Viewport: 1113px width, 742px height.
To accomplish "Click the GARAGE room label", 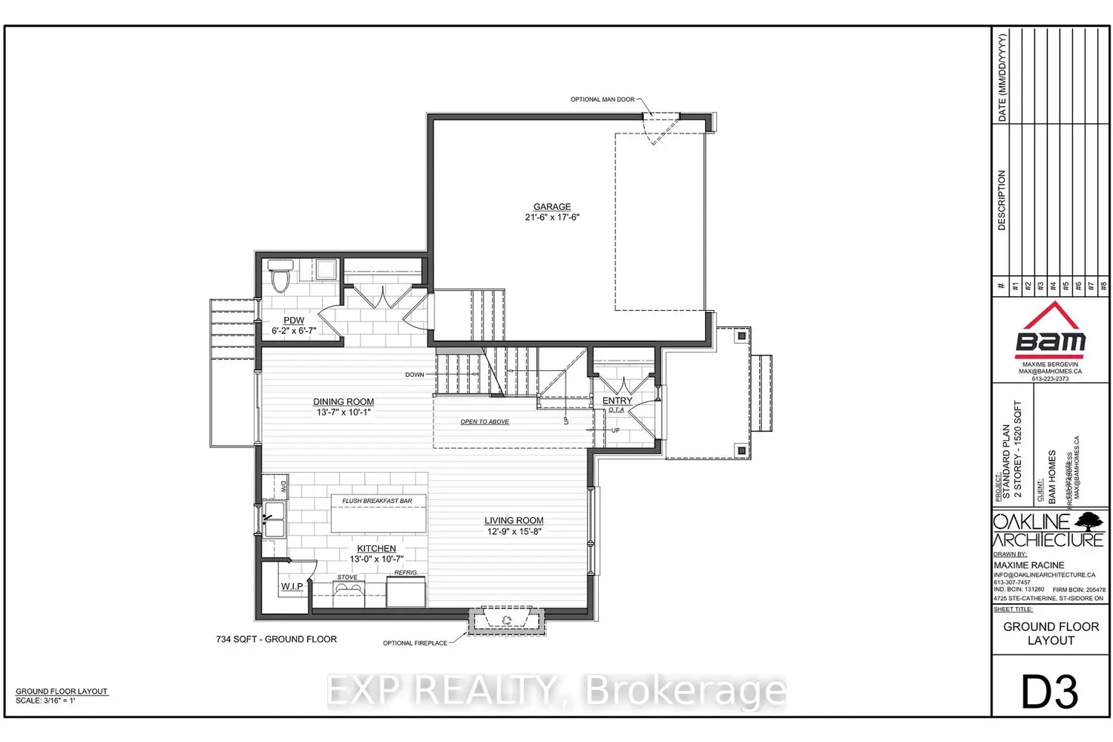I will pos(552,207).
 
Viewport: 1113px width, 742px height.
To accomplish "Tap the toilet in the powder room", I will pos(280,277).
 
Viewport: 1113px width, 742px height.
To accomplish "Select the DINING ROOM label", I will pos(343,402).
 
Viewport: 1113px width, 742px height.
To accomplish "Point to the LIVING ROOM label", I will pos(513,521).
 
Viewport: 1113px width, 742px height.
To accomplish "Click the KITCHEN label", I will pos(376,549).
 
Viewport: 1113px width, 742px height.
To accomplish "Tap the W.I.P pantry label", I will pos(292,587).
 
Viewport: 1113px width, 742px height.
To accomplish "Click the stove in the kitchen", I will pos(348,590).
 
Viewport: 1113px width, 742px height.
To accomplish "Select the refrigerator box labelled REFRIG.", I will pos(406,592).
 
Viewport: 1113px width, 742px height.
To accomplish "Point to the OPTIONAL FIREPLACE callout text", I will pos(415,643).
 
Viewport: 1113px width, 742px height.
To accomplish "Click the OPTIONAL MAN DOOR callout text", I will pos(602,99).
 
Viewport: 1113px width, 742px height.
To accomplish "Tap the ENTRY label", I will pos(617,401).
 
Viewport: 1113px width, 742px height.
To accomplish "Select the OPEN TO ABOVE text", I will pos(485,422).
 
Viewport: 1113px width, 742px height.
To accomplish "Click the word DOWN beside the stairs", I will pos(415,375).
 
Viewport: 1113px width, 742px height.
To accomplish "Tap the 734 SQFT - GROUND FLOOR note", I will pos(276,639).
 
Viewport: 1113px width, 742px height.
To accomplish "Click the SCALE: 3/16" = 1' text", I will pos(45,700).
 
